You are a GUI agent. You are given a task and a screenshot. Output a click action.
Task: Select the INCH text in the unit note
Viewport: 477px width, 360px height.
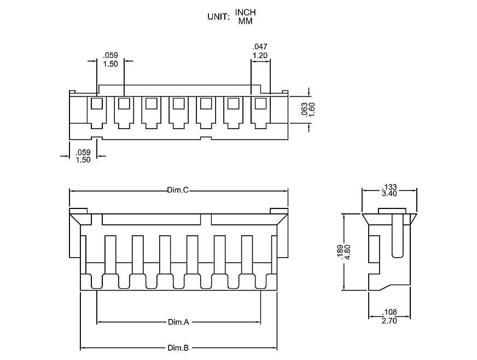pos(246,12)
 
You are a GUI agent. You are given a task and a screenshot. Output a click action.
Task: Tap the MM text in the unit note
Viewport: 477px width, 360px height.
pos(245,21)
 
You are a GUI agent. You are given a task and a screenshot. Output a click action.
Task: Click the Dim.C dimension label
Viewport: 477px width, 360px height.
pos(178,190)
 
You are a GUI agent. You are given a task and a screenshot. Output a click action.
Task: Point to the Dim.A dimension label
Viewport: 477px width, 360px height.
pos(178,323)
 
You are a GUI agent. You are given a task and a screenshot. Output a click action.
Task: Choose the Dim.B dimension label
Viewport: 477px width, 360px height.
pos(178,348)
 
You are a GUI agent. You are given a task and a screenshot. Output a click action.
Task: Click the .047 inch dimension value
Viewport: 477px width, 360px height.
pos(259,47)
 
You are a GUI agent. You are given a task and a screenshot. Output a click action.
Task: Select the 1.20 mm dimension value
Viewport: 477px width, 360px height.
pos(259,55)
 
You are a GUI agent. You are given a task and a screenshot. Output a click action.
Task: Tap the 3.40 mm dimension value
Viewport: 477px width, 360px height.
pos(389,194)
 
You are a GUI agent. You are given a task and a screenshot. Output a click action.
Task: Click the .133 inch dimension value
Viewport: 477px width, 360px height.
pos(389,187)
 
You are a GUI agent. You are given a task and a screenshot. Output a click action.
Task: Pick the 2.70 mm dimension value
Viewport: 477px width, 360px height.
pos(389,321)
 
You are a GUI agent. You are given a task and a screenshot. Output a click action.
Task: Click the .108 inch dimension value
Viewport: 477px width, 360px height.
pos(389,313)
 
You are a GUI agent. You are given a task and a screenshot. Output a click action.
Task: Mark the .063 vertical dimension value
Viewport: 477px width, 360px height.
pos(304,109)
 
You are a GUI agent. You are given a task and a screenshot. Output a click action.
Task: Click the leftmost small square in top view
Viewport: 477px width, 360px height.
pos(97,103)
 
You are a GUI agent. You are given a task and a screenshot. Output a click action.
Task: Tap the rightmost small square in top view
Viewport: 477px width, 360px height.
pos(260,103)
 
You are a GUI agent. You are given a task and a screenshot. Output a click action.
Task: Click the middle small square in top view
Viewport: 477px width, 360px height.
pos(178,103)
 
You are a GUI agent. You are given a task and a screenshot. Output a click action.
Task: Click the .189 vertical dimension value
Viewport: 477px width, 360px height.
pos(339,252)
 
